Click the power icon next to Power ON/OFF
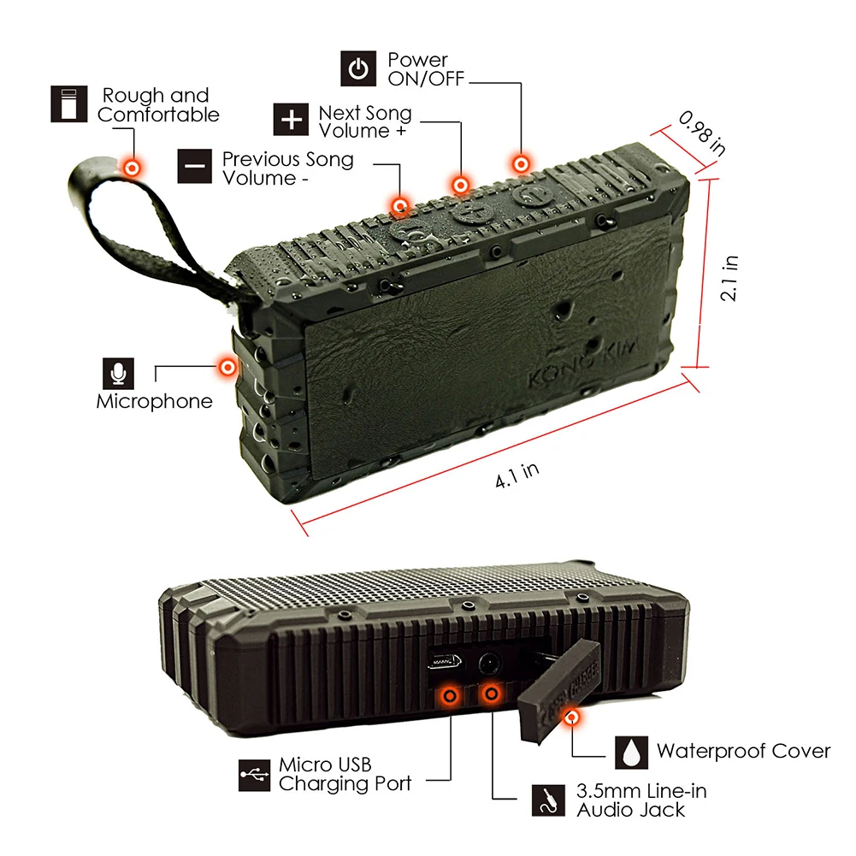[x=358, y=68]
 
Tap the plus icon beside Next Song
[x=291, y=119]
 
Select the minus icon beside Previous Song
[x=195, y=166]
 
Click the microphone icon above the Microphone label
[x=119, y=374]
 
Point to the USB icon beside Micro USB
[x=254, y=775]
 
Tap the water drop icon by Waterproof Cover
[x=632, y=753]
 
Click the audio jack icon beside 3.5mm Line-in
[x=549, y=800]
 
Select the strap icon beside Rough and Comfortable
[x=68, y=103]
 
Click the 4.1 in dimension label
[x=517, y=475]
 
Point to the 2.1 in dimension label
[x=729, y=278]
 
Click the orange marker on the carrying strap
[x=132, y=168]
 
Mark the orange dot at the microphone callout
[x=227, y=367]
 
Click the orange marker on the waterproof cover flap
[x=571, y=717]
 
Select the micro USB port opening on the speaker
[x=445, y=663]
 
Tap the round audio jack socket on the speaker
[x=489, y=664]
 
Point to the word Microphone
[x=155, y=401]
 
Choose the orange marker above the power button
[x=521, y=164]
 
